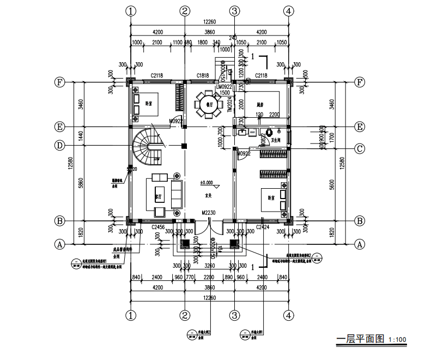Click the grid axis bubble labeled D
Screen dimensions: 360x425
pyautogui.click(x=60, y=146)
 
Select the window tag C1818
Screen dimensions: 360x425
pyautogui.click(x=203, y=75)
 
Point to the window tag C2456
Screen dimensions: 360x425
pyautogui.click(x=157, y=226)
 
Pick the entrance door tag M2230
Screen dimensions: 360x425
pyautogui.click(x=208, y=213)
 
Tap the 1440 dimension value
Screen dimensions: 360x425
pyautogui.click(x=80, y=136)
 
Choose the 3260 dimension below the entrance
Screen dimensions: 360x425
pyautogui.click(x=209, y=266)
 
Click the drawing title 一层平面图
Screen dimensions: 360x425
pyautogui.click(x=361, y=339)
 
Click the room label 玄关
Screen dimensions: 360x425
pyautogui.click(x=208, y=195)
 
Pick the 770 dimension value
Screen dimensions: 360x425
pyautogui.click(x=190, y=277)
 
